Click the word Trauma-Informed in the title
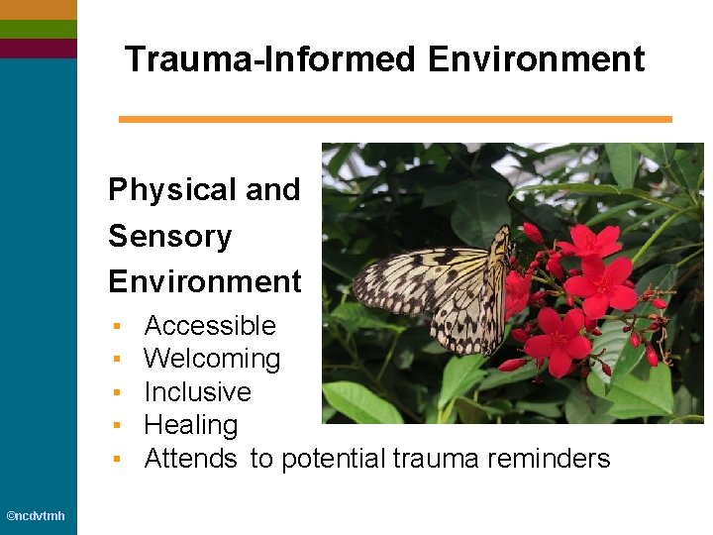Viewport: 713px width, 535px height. click(271, 59)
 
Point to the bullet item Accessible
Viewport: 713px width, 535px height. click(210, 325)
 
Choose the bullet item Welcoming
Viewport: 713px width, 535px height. click(212, 359)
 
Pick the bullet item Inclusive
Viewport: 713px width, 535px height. click(197, 391)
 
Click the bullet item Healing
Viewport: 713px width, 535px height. click(191, 425)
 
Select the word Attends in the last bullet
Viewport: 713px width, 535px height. click(190, 458)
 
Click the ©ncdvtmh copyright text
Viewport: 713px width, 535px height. click(36, 516)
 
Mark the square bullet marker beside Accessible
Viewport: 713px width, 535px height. click(117, 326)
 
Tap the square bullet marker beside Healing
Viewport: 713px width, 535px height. click(117, 426)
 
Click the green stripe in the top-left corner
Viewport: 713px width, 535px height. click(38, 29)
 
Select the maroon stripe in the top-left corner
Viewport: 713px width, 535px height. click(38, 48)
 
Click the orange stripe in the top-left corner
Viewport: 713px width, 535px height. click(38, 9)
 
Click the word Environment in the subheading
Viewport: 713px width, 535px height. click(204, 281)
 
